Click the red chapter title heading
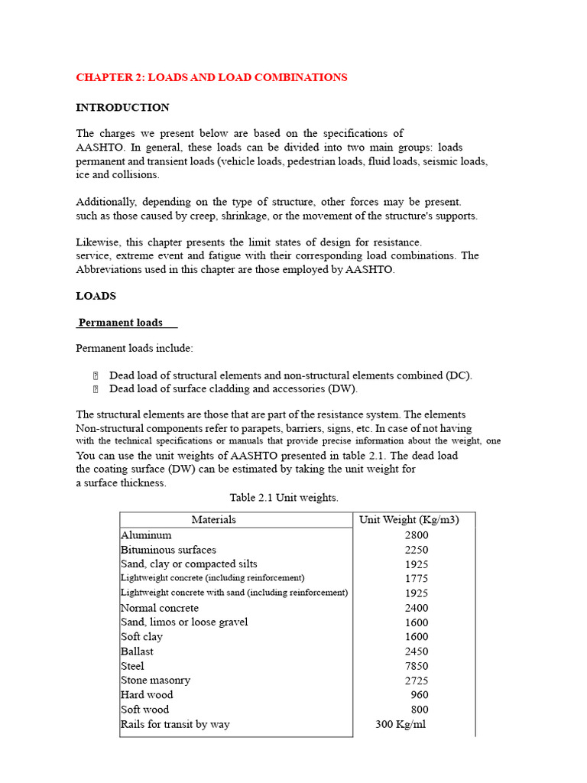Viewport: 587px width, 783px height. point(211,77)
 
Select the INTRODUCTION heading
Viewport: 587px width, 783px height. point(122,107)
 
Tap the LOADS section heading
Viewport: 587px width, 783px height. point(96,295)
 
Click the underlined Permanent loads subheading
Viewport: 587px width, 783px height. point(121,323)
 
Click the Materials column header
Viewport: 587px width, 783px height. point(213,520)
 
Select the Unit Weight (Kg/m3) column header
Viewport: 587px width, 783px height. point(409,520)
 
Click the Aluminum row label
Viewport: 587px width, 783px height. point(146,535)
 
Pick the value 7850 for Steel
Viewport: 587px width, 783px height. point(417,666)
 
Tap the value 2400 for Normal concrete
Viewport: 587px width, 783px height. point(417,609)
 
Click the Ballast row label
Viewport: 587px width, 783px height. point(137,651)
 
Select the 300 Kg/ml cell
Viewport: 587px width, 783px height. point(401,724)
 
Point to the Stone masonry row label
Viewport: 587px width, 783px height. point(155,680)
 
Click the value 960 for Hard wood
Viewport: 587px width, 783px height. point(419,695)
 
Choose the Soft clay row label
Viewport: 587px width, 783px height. point(141,636)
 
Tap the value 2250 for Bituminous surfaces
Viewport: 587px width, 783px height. point(417,550)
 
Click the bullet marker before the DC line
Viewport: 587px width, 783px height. point(96,375)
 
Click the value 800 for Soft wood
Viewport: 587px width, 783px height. point(419,710)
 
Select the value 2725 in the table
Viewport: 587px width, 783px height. point(417,681)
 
